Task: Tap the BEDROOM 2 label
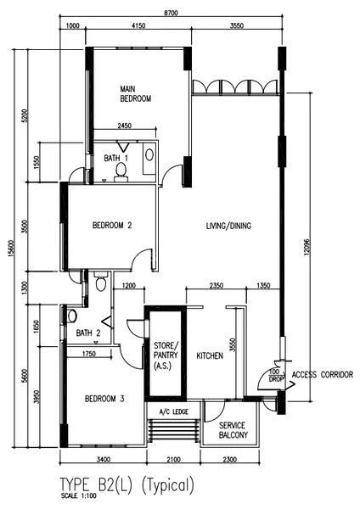pos(112,225)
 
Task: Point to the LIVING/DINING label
pos(228,226)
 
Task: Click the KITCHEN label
pos(210,355)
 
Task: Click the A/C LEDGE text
pos(173,414)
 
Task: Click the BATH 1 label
pos(116,158)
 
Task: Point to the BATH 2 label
pos(87,333)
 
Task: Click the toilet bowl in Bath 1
pos(121,171)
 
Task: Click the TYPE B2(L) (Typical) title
pos(127,485)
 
